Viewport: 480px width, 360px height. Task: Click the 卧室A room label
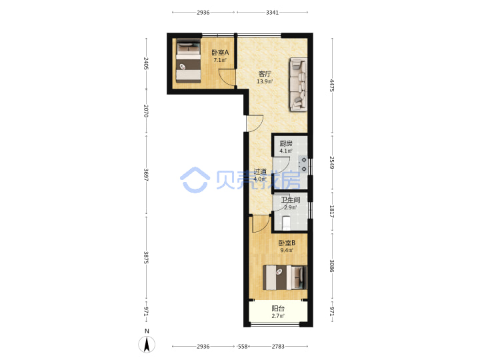[x=220, y=53]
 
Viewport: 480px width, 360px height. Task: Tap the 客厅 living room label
[x=265, y=74]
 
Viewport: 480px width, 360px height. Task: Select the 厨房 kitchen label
[x=286, y=143]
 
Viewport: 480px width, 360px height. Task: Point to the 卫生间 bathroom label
[x=291, y=200]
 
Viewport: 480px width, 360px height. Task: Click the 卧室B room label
[x=287, y=243]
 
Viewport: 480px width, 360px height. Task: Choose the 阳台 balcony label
[x=278, y=309]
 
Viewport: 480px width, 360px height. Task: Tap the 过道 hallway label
[x=260, y=172]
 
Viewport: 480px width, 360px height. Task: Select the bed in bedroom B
[x=285, y=277]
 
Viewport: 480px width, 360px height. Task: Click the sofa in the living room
[x=299, y=85]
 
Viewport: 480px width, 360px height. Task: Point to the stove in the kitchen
[x=303, y=164]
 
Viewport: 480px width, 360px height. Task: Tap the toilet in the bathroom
[x=286, y=223]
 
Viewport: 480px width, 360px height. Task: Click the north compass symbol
[x=147, y=344]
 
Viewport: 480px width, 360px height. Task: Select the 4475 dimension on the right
[x=332, y=85]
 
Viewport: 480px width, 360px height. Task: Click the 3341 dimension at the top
[x=272, y=12]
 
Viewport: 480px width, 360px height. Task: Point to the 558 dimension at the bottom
[x=243, y=346]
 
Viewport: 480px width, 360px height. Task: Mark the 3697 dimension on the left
[x=146, y=175]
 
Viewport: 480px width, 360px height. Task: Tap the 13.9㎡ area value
[x=265, y=81]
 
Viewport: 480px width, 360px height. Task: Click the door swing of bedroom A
[x=227, y=77]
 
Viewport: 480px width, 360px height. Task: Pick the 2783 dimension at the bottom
[x=278, y=346]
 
